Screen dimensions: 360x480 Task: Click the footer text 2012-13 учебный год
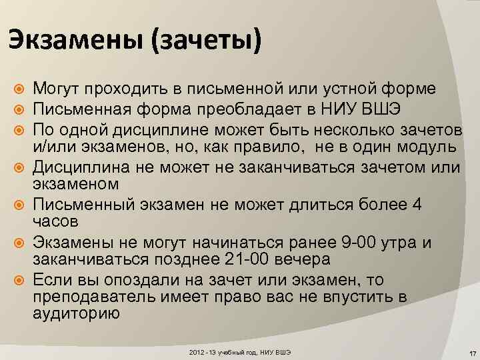pos(219,351)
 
